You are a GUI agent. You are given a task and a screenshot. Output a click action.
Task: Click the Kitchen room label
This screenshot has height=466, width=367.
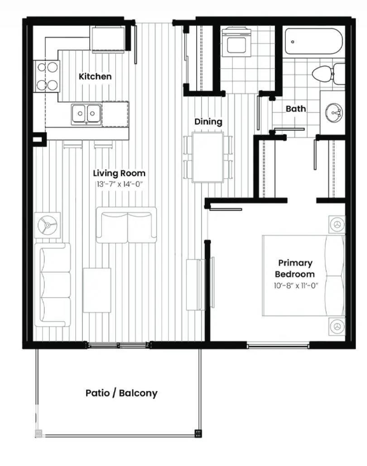pos(95,76)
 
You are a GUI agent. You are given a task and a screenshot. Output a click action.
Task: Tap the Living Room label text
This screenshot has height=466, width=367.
pos(119,173)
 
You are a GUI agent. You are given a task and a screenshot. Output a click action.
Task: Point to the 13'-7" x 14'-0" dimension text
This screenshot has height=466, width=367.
pos(119,184)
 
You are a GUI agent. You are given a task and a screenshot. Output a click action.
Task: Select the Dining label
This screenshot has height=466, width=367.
pos(208,122)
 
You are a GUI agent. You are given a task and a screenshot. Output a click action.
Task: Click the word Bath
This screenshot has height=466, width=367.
pos(295,109)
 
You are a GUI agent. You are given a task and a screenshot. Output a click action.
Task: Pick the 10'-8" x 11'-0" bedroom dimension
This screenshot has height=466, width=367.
pos(295,285)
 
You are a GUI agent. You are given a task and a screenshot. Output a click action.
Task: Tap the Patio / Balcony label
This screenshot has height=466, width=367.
pos(121,393)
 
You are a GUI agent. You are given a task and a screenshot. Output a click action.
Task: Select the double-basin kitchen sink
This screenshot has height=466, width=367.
pos(86,114)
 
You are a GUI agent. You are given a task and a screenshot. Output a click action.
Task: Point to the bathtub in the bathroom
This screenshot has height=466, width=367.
pos(314,42)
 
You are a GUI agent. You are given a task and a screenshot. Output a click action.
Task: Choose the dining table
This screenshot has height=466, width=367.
pos(208,157)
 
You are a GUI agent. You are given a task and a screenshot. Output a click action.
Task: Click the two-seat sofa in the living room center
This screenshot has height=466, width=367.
pos(126,225)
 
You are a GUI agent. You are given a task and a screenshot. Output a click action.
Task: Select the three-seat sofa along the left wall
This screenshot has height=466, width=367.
pos(54,285)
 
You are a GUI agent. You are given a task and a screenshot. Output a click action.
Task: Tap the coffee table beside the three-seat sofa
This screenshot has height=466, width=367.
pos(97,290)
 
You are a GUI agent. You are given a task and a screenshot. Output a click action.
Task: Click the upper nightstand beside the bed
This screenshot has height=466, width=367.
pos(337,224)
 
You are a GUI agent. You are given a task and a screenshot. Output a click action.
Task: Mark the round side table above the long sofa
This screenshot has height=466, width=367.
pos(47,224)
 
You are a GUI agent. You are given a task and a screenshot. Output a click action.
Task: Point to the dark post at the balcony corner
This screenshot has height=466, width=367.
pos(198,433)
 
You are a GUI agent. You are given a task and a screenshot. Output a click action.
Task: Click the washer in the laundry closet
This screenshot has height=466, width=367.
pos(237,42)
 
